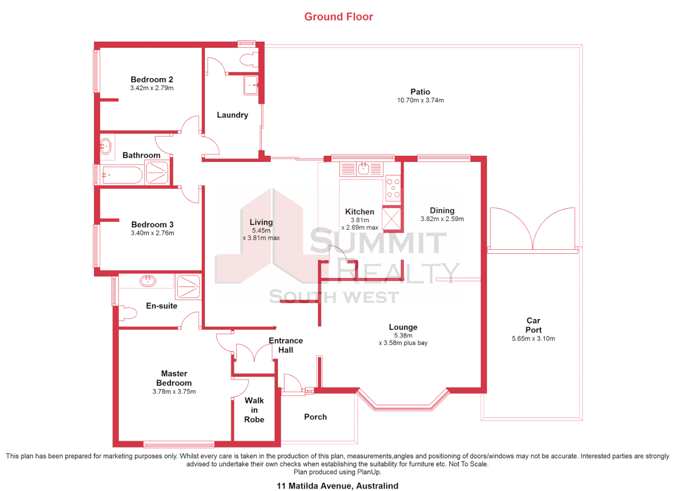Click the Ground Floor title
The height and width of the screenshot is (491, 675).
point(339,17)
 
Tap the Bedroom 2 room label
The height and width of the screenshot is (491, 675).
point(152,80)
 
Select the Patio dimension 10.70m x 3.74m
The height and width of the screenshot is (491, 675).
point(420,100)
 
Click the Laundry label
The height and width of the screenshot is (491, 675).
point(232,115)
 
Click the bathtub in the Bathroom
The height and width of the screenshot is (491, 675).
point(122,175)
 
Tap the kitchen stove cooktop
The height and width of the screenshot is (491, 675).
point(393,188)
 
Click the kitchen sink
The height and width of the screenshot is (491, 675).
point(363,169)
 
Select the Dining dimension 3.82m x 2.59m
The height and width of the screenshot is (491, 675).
point(442,219)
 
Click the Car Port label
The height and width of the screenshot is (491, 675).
point(533,326)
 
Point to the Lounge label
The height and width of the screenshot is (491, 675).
point(403,327)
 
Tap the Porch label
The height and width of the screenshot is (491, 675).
point(315,417)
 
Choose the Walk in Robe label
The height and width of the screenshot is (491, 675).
point(254,410)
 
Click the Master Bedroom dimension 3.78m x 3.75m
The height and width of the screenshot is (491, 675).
point(174,391)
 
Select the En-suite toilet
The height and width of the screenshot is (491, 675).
point(128,313)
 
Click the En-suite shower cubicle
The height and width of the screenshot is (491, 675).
point(188,287)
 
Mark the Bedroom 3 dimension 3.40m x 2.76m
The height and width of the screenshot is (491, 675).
point(152,233)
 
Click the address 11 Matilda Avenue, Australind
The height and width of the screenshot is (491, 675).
point(337,486)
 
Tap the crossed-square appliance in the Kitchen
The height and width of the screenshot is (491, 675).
point(391,219)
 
